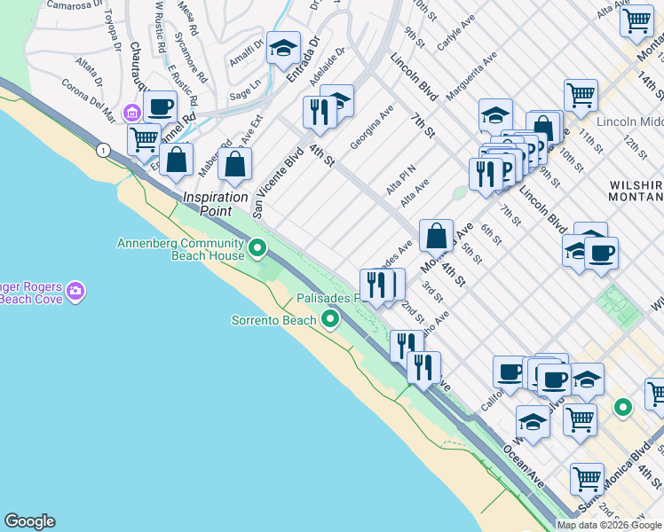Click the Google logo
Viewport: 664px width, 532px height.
29,521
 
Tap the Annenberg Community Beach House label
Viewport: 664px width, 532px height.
180,249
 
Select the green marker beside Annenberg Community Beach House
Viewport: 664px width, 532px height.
257,248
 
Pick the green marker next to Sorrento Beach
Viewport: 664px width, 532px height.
331,318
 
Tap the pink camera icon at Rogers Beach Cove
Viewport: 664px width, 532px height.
75,291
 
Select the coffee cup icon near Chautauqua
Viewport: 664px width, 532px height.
160,107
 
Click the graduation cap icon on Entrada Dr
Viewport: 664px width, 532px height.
283,48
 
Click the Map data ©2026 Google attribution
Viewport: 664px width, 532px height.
610,525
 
